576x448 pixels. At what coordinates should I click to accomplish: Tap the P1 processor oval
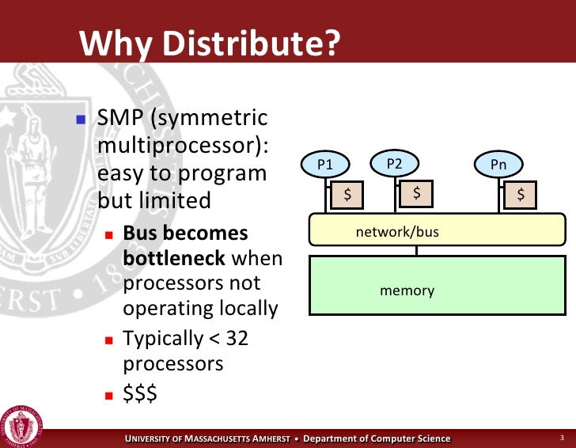coord(325,165)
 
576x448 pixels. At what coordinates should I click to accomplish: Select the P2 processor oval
coord(394,164)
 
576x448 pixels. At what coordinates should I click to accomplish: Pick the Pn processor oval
coord(498,165)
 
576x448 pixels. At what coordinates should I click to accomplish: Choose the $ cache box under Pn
coord(521,194)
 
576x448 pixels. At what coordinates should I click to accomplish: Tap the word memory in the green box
coord(407,290)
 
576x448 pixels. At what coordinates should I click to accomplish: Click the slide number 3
coord(560,438)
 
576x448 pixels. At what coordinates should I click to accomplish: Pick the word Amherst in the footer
coord(263,439)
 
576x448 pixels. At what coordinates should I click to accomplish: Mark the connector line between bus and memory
coord(416,251)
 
